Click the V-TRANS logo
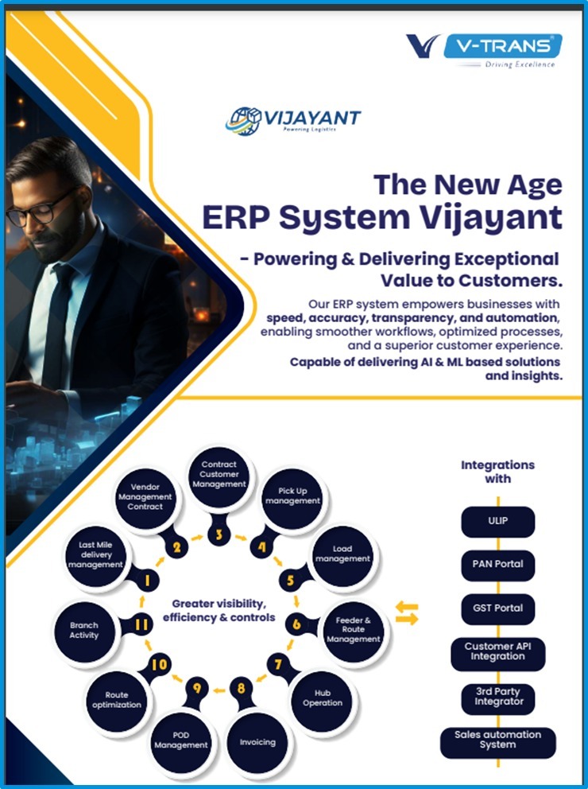click(484, 50)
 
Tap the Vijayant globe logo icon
click(243, 121)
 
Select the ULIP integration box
click(497, 521)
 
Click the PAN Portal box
click(497, 565)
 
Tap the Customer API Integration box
click(497, 654)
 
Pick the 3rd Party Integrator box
click(497, 698)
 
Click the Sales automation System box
click(497, 742)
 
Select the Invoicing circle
click(257, 743)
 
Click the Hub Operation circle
click(323, 700)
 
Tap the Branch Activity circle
click(84, 631)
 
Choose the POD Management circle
click(181, 741)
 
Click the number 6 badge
click(296, 624)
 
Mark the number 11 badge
click(141, 624)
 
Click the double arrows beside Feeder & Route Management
click(407, 613)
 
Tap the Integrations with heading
click(497, 472)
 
